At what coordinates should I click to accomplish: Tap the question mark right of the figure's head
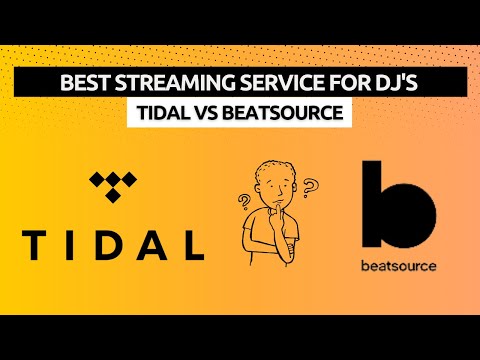(310, 187)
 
